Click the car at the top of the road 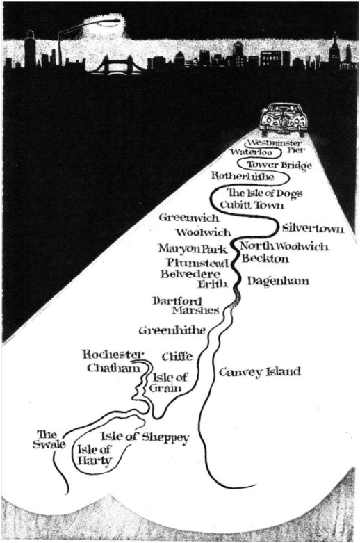tap(284, 120)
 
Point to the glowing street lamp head tap(108, 23)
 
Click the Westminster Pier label tap(275, 146)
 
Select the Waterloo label tap(252, 152)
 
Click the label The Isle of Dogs tap(265, 193)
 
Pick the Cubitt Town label tap(252, 205)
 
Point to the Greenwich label tap(189, 218)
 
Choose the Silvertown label tap(313, 229)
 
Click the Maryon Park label tap(193, 249)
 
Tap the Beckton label tap(265, 259)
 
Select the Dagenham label tap(278, 281)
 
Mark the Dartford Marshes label tap(186, 305)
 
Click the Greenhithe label tap(172, 331)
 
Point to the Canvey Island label tap(260, 372)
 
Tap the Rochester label tap(113, 355)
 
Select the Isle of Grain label tap(168, 382)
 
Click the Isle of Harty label tap(94, 455)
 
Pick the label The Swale tap(49, 440)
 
